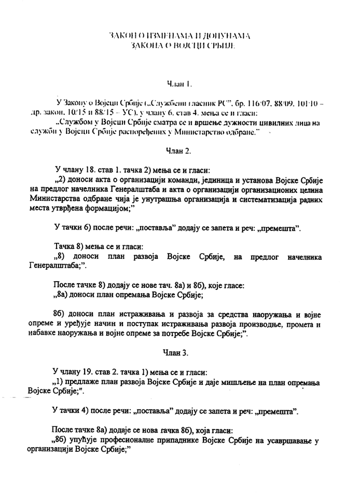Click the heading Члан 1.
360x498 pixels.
(x=179, y=82)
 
